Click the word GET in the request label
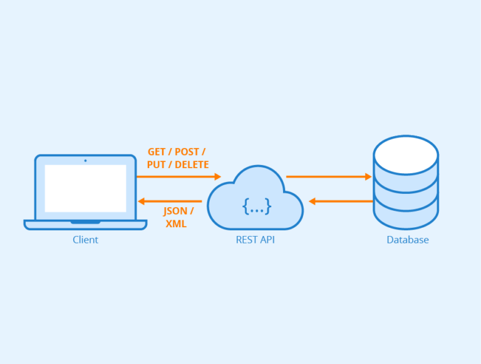click(x=157, y=152)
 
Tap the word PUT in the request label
click(x=157, y=164)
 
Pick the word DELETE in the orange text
click(x=192, y=164)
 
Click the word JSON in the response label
click(x=175, y=211)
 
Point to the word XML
click(x=176, y=223)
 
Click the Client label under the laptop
click(x=85, y=240)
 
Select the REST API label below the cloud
click(x=255, y=240)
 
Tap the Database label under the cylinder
click(x=408, y=240)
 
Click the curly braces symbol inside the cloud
click(x=257, y=205)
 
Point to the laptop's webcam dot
click(x=85, y=161)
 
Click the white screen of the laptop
click(x=85, y=188)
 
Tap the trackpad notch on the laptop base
click(x=85, y=222)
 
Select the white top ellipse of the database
click(x=406, y=154)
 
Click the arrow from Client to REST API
click(x=178, y=176)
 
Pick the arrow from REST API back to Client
click(x=169, y=201)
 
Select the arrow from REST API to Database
click(x=329, y=176)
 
